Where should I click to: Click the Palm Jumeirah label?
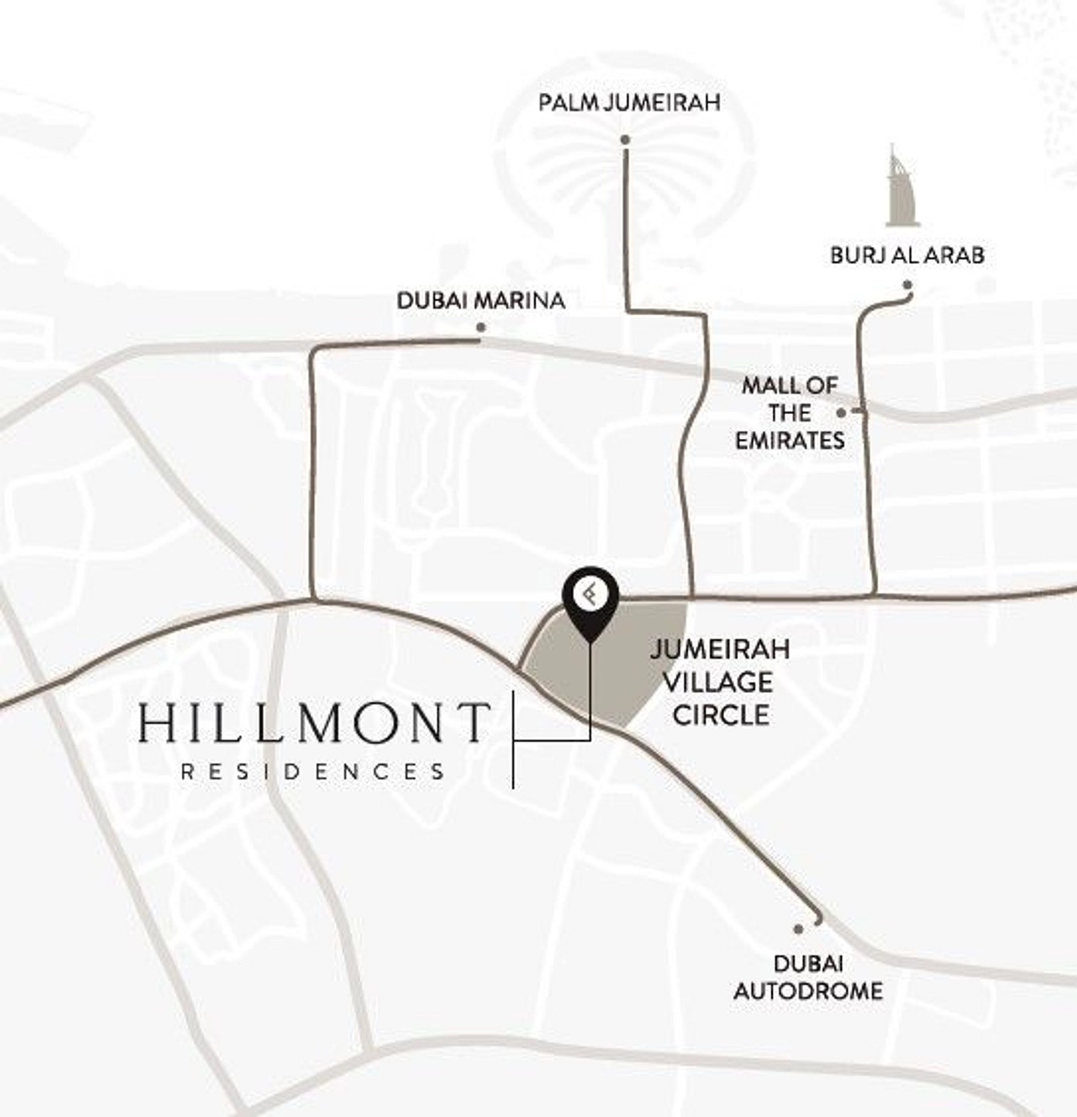tap(629, 102)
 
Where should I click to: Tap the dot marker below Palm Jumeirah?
tap(625, 140)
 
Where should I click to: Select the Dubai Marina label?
tap(480, 300)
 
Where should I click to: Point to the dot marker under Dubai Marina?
tap(480, 327)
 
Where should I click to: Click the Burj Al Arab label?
tap(907, 255)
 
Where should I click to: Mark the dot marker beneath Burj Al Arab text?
tap(908, 286)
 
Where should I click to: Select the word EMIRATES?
tap(789, 440)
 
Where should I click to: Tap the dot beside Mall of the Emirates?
tap(841, 413)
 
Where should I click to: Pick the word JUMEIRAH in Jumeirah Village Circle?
tap(720, 649)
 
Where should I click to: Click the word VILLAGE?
tap(718, 682)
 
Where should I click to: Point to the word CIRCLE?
tap(720, 714)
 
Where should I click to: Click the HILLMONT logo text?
tap(314, 723)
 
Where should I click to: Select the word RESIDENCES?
tap(313, 771)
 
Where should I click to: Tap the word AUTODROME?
tap(808, 991)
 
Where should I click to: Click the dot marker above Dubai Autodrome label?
tap(798, 929)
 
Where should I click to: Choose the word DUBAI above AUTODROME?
tap(808, 964)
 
